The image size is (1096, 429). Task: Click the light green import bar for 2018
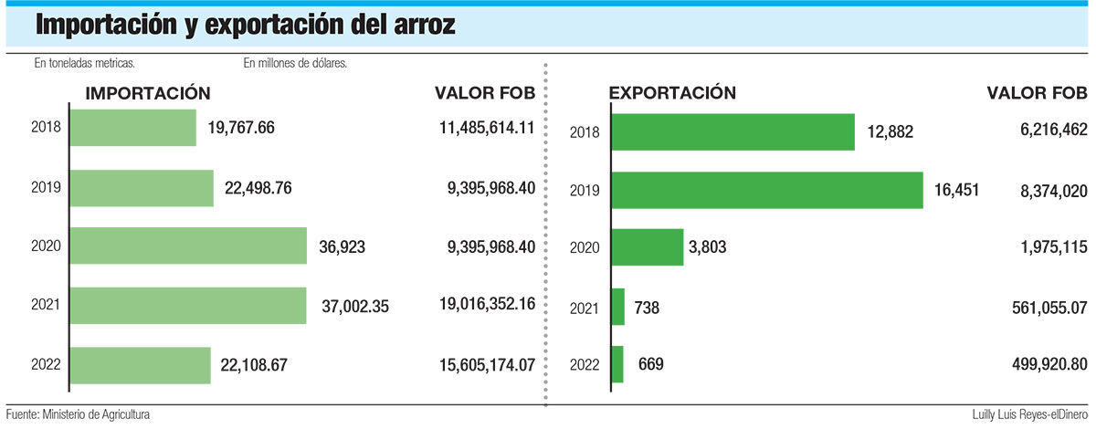click(x=132, y=128)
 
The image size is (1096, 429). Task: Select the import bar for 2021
click(x=187, y=306)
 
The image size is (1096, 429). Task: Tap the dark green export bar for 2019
click(x=766, y=190)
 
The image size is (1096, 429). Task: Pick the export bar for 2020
click(x=647, y=246)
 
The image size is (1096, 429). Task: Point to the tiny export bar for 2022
click(x=617, y=364)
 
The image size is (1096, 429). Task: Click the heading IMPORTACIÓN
click(x=148, y=93)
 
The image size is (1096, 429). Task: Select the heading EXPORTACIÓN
click(x=672, y=93)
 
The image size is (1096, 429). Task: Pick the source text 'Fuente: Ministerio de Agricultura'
click(x=78, y=414)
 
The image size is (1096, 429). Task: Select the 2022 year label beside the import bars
click(x=45, y=364)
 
